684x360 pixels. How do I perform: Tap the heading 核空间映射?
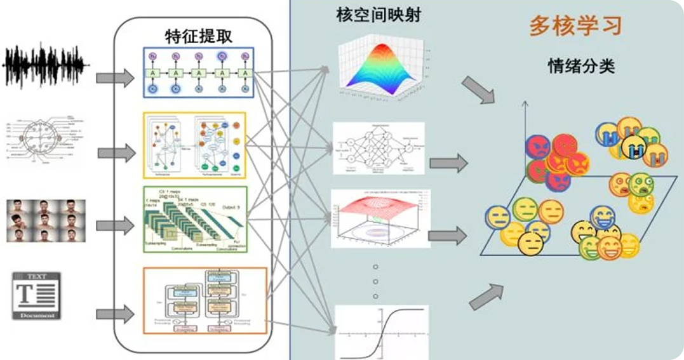379,15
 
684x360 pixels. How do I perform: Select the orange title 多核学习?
575,26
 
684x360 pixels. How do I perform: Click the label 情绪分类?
581,66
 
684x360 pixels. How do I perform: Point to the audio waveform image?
44,65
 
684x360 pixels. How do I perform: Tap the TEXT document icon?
36,296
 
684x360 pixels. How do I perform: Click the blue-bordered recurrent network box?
199,72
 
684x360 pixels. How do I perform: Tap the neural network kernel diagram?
378,147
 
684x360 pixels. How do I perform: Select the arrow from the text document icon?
115,313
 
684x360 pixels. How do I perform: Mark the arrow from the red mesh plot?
447,236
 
